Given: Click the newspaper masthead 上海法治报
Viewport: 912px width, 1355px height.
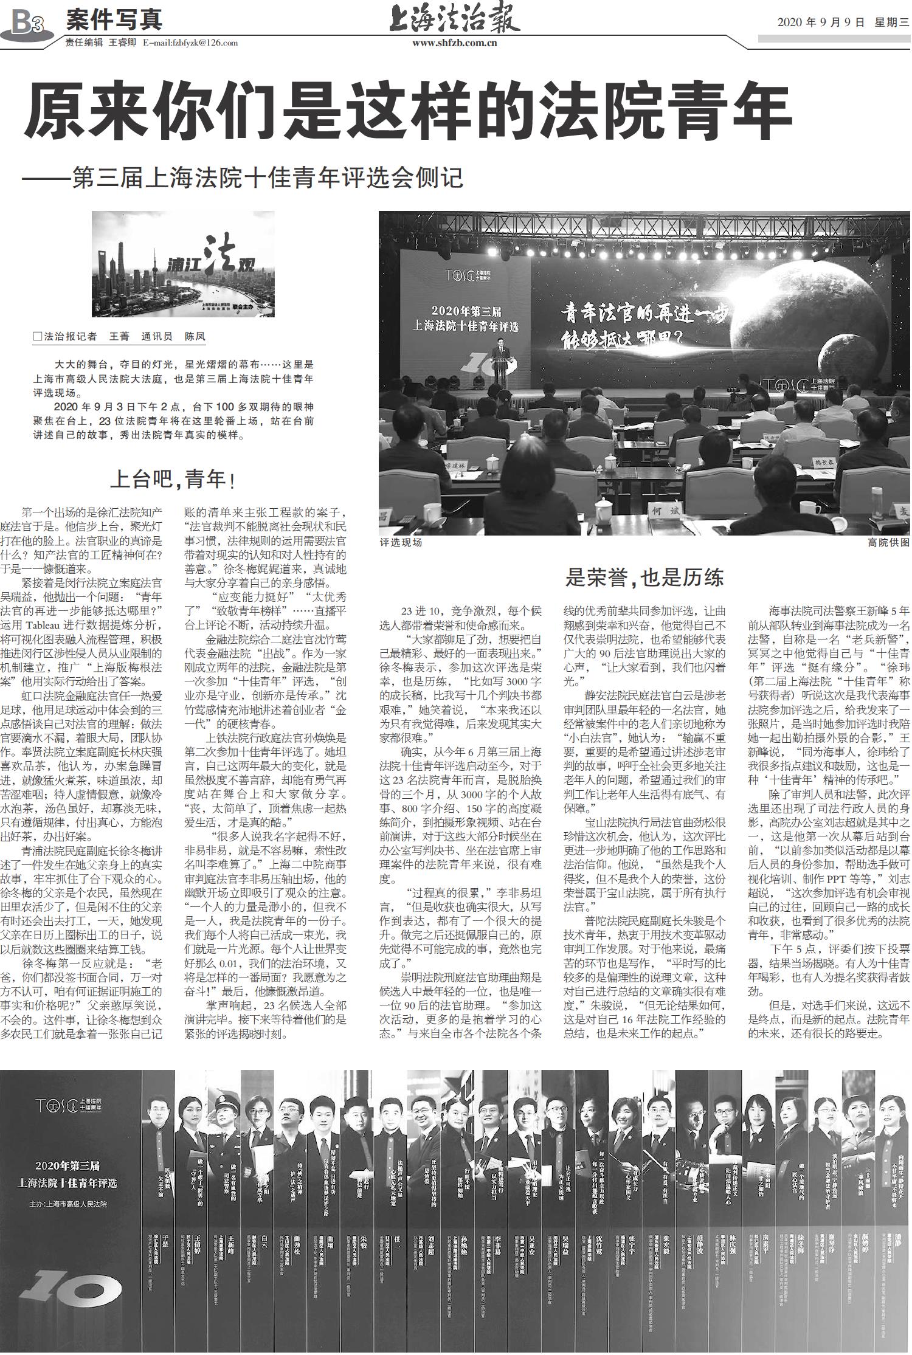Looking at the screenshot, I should point(455,20).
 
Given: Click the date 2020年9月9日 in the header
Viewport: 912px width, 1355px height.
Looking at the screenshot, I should point(821,23).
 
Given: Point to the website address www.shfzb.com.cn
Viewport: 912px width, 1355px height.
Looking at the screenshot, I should point(455,43).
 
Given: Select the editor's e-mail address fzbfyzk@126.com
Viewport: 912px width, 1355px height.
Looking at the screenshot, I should point(190,43).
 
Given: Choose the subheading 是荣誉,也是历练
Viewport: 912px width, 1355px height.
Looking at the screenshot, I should point(644,578).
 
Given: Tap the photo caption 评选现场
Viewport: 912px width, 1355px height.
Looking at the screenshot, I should point(401,542).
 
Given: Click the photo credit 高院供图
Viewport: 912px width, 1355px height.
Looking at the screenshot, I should point(888,542).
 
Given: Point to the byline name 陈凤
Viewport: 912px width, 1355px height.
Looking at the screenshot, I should point(195,336).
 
